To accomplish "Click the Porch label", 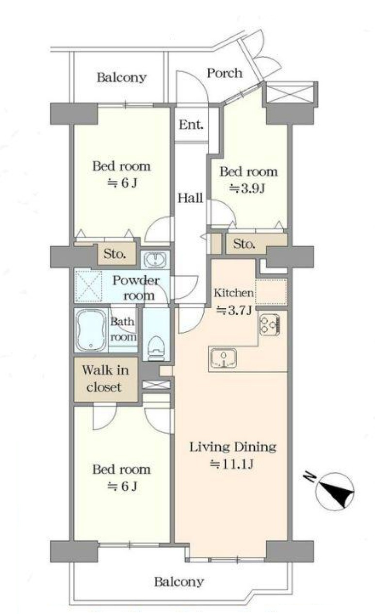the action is point(225,73).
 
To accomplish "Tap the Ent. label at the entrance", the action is point(191,125).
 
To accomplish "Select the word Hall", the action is point(190,198).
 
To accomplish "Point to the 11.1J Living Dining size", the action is point(231,464).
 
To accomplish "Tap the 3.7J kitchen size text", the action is point(234,310).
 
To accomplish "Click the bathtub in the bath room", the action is point(91,331).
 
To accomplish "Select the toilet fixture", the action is point(156,348).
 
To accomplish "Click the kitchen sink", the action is point(224,358).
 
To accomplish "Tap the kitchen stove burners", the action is point(270,325).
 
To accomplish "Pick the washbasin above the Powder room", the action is point(155,259).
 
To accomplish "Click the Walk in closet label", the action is point(105,378).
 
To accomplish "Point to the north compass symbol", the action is point(335,491).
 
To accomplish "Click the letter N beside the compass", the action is point(310,477).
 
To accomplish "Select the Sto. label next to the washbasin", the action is point(115,253).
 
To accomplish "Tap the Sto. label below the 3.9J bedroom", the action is point(244,243).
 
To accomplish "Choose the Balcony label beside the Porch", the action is point(122,78).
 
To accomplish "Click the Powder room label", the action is point(136,288).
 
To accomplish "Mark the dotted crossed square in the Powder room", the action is point(88,286).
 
